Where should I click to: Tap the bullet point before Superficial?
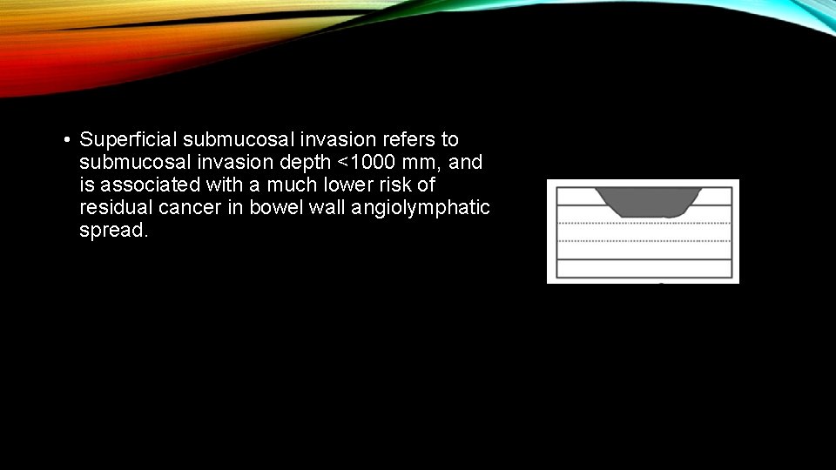[66, 140]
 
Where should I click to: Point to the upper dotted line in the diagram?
[643, 224]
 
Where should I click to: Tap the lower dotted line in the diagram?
[643, 241]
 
